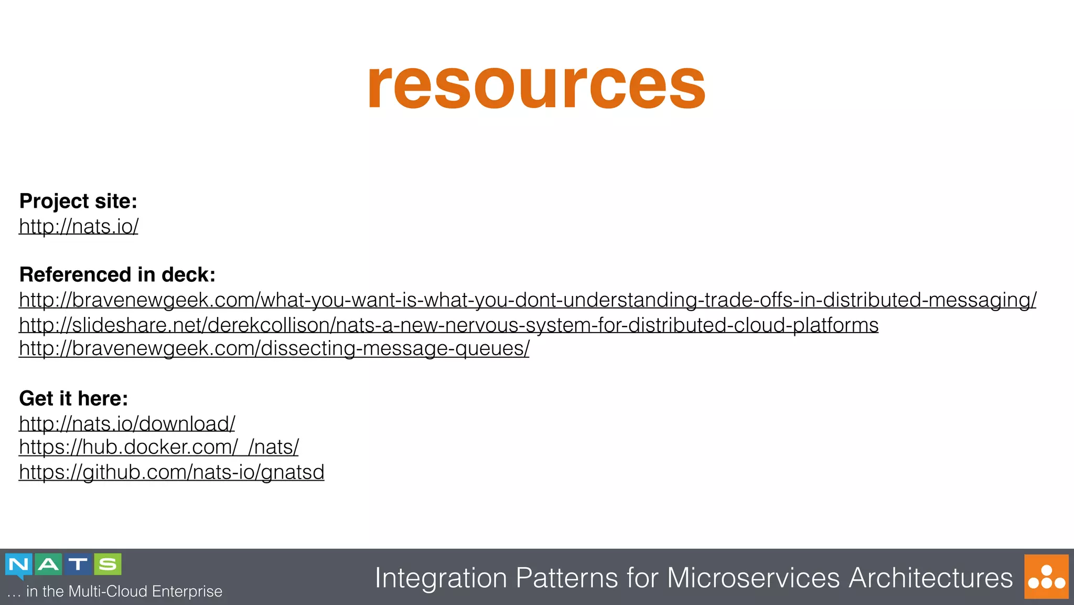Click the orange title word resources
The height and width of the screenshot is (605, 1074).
tap(536, 85)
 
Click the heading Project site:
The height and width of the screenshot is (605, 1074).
tap(78, 201)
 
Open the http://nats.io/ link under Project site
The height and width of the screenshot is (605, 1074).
tap(79, 226)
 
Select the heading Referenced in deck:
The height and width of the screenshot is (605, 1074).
tap(117, 274)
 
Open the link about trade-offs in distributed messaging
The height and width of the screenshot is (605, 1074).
tap(527, 300)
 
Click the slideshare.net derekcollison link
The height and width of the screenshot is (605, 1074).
tap(448, 325)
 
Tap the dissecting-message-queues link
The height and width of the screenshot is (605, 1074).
tap(274, 348)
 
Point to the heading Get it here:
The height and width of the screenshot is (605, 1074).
tap(73, 398)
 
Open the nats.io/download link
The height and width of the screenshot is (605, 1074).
tap(127, 423)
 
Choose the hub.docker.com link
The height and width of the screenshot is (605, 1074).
tap(158, 447)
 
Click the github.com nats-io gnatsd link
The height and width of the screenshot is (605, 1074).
tap(171, 472)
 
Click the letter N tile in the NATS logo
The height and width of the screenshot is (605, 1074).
tap(19, 565)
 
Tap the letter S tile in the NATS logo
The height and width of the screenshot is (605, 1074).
tap(108, 565)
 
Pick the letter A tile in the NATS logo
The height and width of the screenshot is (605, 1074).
tap(48, 565)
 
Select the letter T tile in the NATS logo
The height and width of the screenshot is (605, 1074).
tap(78, 565)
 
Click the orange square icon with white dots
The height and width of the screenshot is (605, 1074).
tap(1046, 576)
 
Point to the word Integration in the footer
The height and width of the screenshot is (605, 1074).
tap(441, 578)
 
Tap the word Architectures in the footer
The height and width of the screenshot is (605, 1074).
tap(931, 578)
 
